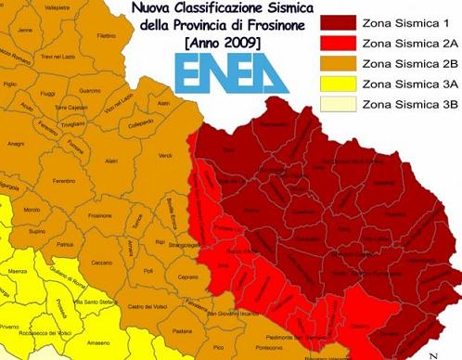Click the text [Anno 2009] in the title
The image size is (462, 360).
pyautogui.click(x=222, y=44)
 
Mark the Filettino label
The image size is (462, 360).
pyautogui.click(x=106, y=36)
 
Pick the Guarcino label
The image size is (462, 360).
pyautogui.click(x=90, y=90)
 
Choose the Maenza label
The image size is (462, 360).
pyautogui.click(x=17, y=271)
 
